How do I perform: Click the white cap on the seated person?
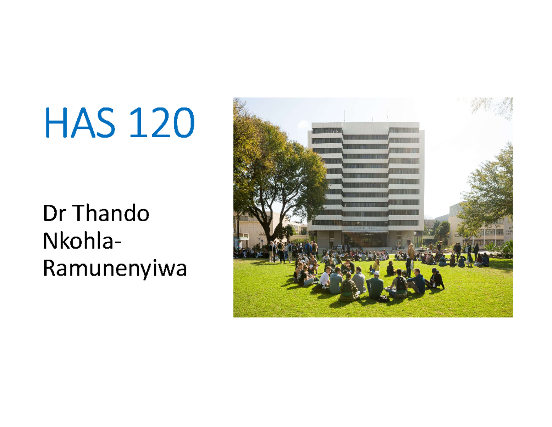point(375,273)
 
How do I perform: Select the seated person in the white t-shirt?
point(325,278)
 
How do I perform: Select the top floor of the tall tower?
point(365,126)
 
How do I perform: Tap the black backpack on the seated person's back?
point(401,284)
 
